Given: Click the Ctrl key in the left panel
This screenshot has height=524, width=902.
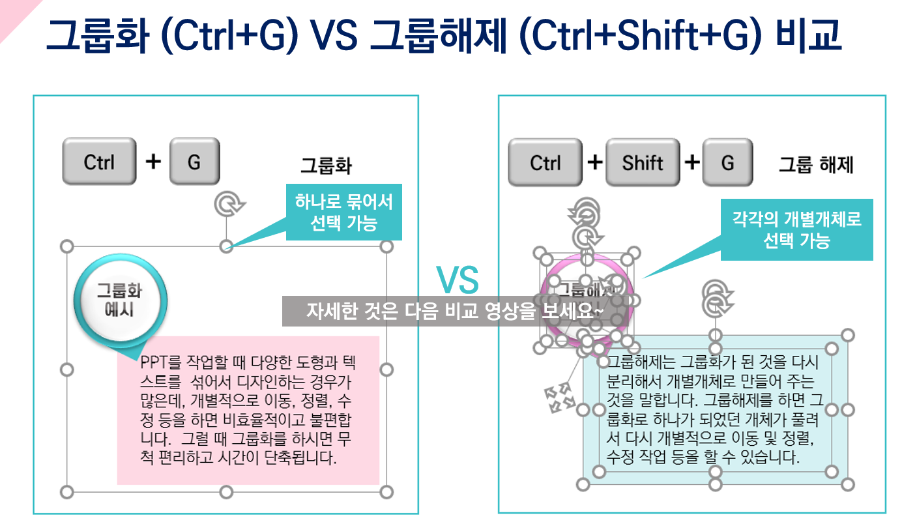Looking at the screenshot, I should click(99, 162).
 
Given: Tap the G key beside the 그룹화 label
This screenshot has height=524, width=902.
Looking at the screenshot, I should click(194, 162).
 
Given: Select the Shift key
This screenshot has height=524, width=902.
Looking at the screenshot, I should click(642, 162).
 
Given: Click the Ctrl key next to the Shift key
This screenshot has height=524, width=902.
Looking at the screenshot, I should click(545, 162).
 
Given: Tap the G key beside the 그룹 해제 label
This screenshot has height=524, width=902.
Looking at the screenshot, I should click(727, 162).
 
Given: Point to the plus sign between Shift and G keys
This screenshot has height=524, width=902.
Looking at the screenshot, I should click(692, 162).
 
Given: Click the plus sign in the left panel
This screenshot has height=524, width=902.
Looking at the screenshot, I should click(153, 161).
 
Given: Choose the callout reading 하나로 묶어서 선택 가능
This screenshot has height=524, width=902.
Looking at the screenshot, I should click(343, 212).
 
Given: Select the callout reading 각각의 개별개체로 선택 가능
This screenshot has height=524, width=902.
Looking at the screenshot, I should click(796, 229).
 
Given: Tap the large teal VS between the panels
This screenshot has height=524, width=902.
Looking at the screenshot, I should click(458, 280).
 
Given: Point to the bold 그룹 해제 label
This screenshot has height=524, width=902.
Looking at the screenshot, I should click(816, 165).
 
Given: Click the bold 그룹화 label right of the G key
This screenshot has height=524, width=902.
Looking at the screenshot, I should click(326, 166).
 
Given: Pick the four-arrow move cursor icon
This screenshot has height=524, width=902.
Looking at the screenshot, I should click(558, 397).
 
